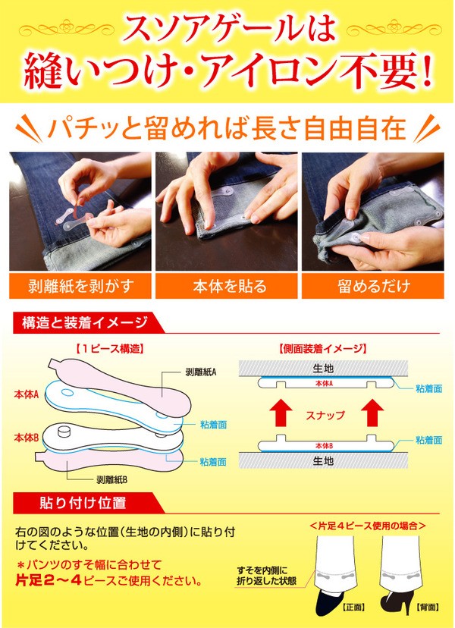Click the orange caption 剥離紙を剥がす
pyautogui.click(x=80, y=286)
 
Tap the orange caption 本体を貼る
pyautogui.click(x=227, y=286)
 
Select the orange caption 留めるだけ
pyautogui.click(x=373, y=286)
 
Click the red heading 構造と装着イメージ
pyautogui.click(x=85, y=323)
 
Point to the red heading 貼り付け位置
pyautogui.click(x=83, y=503)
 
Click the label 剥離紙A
pyautogui.click(x=201, y=372)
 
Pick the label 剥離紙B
pyautogui.click(x=111, y=479)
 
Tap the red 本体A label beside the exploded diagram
pyautogui.click(x=27, y=394)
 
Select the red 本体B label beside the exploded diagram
pyautogui.click(x=27, y=438)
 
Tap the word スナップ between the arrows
pyautogui.click(x=325, y=415)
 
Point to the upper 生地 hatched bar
pyautogui.click(x=323, y=368)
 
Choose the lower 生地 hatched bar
pyautogui.click(x=323, y=460)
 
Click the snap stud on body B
pyautogui.click(x=64, y=432)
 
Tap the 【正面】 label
pyautogui.click(x=353, y=608)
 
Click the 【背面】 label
pyautogui.click(x=428, y=608)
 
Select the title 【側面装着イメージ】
pyautogui.click(x=323, y=349)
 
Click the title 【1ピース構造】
pyautogui.click(x=109, y=349)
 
